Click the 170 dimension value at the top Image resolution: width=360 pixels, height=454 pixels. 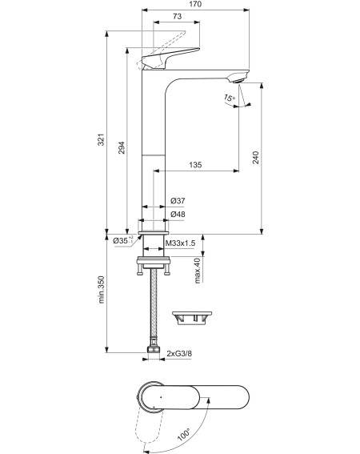(x=195, y=4)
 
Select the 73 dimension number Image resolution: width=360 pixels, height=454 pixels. (x=177, y=17)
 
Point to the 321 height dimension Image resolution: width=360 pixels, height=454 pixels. (x=101, y=139)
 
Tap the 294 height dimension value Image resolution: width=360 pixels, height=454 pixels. (x=122, y=147)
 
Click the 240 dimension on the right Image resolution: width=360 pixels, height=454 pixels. (x=256, y=158)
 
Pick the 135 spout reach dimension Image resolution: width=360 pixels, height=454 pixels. (x=195, y=165)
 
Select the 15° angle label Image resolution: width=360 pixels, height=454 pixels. (x=229, y=98)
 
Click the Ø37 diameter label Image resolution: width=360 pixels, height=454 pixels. (x=178, y=201)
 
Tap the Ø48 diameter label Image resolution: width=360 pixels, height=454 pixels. (x=178, y=215)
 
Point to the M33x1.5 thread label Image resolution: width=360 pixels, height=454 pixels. (x=180, y=243)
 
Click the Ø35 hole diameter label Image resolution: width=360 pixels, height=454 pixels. (x=123, y=240)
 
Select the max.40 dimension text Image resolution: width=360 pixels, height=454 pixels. (x=198, y=271)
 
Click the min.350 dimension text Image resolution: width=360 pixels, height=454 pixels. (x=101, y=290)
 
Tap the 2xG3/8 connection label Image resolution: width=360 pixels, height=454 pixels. (x=179, y=354)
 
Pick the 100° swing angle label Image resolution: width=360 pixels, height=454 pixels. (x=184, y=434)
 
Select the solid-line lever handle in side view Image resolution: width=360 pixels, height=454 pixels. (x=170, y=58)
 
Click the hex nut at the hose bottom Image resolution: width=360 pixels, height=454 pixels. (x=154, y=349)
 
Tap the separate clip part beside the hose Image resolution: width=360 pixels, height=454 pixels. (x=192, y=318)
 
